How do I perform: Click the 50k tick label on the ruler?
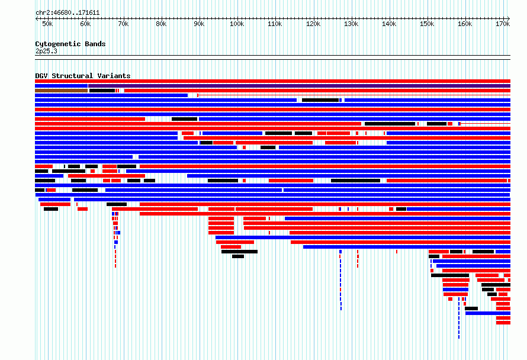click(47, 24)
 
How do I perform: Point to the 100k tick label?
click(237, 24)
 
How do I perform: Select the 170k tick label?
click(503, 24)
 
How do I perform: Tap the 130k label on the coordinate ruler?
click(351, 24)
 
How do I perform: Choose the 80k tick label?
click(161, 24)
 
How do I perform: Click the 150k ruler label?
click(427, 24)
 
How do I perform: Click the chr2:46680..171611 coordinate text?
click(68, 13)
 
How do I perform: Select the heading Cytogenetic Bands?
click(70, 44)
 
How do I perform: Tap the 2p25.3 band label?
click(46, 51)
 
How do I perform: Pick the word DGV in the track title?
click(41, 76)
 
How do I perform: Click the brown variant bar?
click(61, 91)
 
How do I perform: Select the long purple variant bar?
click(299, 86)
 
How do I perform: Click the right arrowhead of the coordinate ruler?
click(509, 18)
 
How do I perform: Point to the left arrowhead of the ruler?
click(37, 18)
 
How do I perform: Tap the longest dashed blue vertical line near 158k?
click(459, 317)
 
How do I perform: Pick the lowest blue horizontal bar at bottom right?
click(488, 313)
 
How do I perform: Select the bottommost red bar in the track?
click(503, 323)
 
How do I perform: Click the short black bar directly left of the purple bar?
click(102, 91)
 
